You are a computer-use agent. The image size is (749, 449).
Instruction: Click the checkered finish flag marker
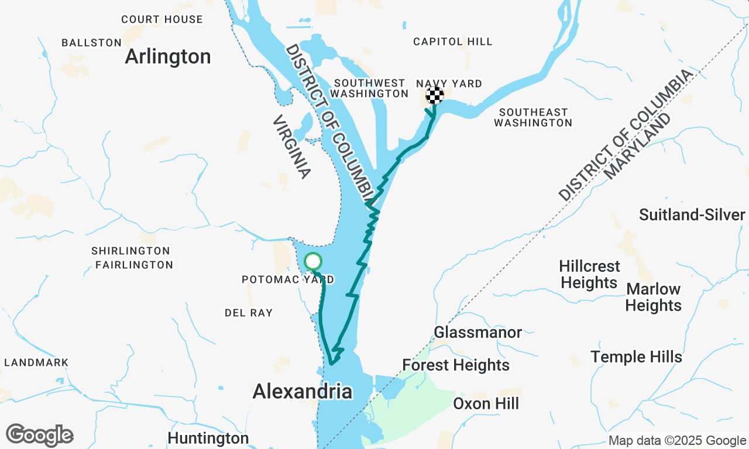[434, 95]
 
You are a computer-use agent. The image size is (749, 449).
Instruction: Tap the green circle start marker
[313, 261]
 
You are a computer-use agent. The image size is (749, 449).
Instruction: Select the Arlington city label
[167, 57]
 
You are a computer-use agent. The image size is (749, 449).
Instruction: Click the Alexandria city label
[303, 392]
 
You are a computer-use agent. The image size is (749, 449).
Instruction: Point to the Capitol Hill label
[452, 42]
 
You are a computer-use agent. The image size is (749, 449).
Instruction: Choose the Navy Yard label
[449, 84]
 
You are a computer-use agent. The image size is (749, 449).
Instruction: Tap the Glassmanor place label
[477, 333]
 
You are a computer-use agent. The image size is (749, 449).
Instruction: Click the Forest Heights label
[456, 365]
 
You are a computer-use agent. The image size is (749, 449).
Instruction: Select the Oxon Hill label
[486, 404]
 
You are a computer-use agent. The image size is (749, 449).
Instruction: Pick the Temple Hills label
[636, 357]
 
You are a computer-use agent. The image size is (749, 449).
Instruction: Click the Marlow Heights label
[653, 297]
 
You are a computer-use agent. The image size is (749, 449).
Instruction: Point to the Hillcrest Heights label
[589, 274]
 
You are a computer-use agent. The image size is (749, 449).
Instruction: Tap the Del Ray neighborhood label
[249, 313]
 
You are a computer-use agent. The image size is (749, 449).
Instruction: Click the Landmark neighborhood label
[36, 362]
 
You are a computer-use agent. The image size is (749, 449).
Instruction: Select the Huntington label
[208, 438]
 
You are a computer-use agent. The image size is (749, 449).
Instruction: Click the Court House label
[162, 19]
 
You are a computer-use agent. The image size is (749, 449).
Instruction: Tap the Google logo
[39, 436]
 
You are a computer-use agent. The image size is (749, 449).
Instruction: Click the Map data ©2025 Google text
[677, 441]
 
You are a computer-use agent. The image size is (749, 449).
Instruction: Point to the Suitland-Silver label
[692, 215]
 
